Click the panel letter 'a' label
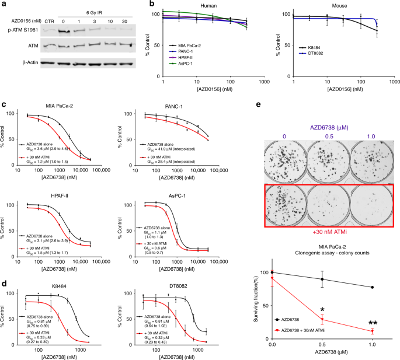point(4,4)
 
